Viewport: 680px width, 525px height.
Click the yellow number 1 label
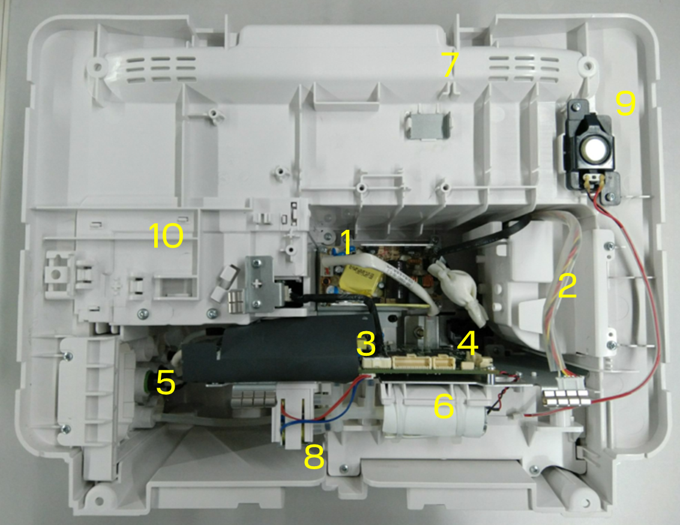click(346, 242)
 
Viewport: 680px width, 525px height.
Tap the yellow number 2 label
click(567, 286)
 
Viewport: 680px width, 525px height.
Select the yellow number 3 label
click(367, 343)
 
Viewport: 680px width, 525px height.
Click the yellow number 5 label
click(165, 382)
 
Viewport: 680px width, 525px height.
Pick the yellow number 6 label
click(444, 406)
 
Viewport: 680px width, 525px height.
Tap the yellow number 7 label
click(450, 65)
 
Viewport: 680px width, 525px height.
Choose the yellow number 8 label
click(314, 457)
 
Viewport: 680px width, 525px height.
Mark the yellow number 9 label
click(625, 104)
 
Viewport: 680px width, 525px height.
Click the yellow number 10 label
click(166, 235)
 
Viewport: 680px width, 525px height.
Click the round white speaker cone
click(594, 149)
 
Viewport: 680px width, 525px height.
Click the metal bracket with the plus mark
click(260, 284)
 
